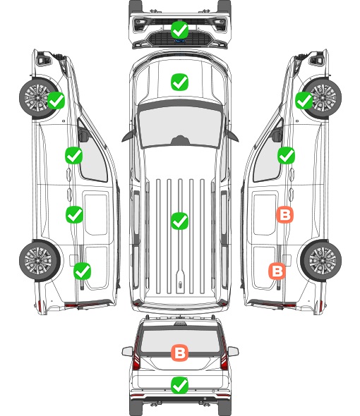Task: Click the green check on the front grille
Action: (x=179, y=30)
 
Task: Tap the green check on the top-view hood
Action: (x=179, y=82)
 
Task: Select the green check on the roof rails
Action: (x=179, y=221)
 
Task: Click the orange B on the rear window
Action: (x=179, y=353)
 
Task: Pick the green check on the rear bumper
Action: (x=179, y=385)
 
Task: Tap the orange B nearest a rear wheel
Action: (x=277, y=271)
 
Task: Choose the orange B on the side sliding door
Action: (x=285, y=214)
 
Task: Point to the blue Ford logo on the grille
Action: (x=179, y=41)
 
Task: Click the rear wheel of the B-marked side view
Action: (x=321, y=260)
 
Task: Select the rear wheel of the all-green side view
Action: (x=40, y=260)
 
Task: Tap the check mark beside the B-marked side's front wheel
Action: (x=304, y=101)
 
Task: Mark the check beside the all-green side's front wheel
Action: (x=56, y=100)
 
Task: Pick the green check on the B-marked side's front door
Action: (x=286, y=155)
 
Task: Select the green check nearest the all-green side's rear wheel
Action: (x=83, y=271)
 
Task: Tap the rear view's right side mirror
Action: (x=234, y=352)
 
